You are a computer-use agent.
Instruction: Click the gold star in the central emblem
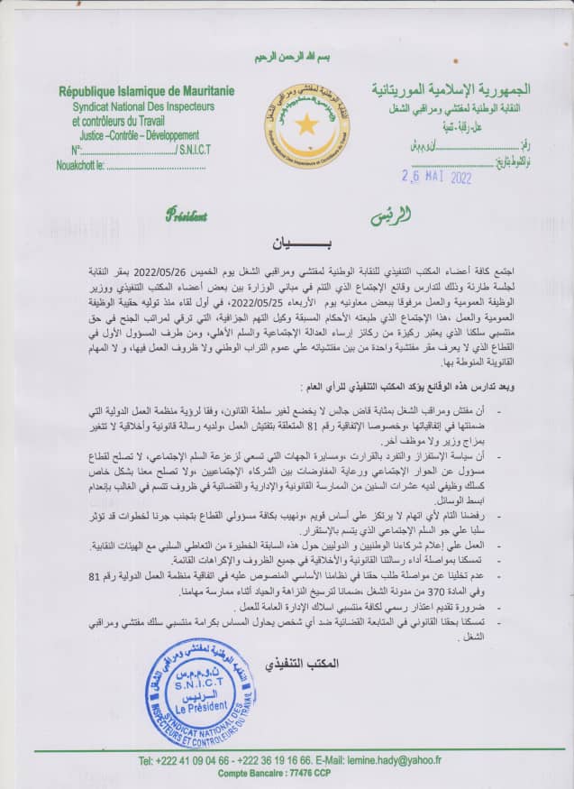(x=306, y=124)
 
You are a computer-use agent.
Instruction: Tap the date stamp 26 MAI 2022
(x=436, y=177)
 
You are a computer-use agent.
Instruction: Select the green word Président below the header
(x=186, y=216)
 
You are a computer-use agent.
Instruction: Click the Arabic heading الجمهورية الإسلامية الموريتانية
(x=451, y=90)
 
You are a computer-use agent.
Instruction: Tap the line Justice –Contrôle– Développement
(x=126, y=135)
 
